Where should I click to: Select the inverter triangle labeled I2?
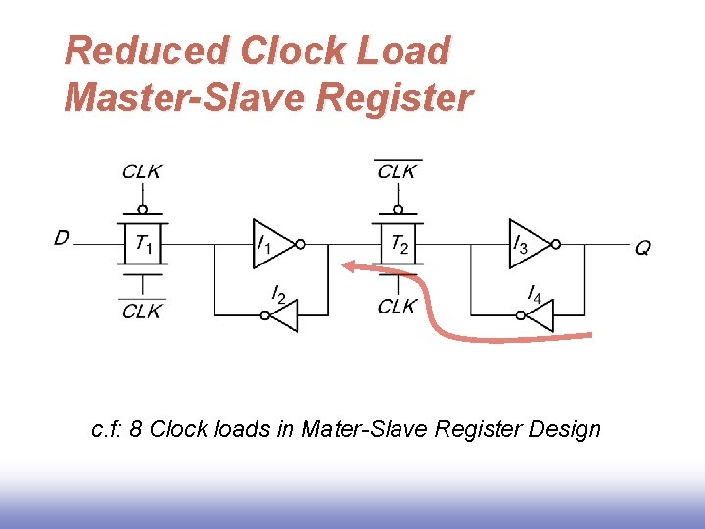(x=283, y=315)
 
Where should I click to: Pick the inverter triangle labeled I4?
(x=540, y=315)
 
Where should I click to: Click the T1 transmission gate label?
(x=143, y=244)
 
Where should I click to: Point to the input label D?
(x=62, y=237)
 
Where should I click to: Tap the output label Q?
(x=642, y=248)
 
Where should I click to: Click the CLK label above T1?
(x=142, y=171)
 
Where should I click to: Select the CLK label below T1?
(x=142, y=311)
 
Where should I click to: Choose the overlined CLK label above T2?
(x=398, y=171)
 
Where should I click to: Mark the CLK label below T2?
(x=398, y=306)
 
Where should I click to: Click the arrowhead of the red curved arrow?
(x=348, y=265)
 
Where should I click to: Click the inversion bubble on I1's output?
(x=301, y=243)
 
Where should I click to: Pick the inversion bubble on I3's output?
(x=555, y=243)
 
